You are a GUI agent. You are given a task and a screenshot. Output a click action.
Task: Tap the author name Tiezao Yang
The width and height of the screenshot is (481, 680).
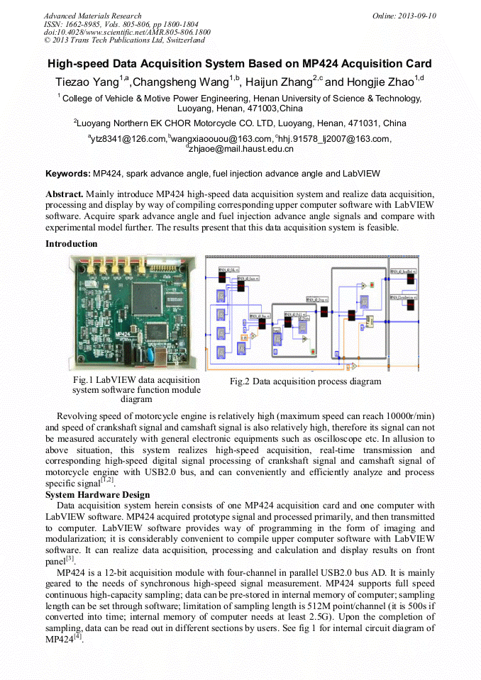tap(87, 82)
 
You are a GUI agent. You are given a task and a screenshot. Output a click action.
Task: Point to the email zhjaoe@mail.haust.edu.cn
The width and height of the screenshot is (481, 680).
tap(241, 149)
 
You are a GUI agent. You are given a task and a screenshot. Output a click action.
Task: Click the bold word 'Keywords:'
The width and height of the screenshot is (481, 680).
tap(68, 174)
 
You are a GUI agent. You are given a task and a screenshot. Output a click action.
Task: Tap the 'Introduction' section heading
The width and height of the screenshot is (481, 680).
tap(72, 244)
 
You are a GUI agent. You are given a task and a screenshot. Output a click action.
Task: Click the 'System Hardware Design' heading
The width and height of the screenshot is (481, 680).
tap(97, 494)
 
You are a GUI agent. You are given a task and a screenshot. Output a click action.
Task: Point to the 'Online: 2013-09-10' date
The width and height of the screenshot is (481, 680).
tap(404, 16)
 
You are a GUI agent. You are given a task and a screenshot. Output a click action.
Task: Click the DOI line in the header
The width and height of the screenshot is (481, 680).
tap(127, 32)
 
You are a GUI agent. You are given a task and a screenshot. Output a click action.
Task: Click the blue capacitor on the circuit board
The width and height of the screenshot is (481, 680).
tap(151, 351)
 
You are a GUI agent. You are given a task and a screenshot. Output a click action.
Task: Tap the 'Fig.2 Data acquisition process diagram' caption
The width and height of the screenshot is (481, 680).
tap(305, 381)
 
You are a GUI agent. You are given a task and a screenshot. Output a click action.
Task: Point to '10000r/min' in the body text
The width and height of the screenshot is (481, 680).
tap(409, 415)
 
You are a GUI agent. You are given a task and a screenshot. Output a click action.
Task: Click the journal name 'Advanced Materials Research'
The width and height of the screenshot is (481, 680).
tap(92, 16)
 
